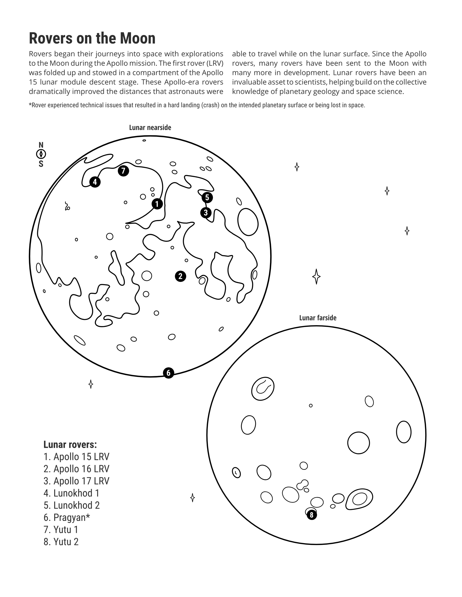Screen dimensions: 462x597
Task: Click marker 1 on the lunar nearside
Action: (x=157, y=204)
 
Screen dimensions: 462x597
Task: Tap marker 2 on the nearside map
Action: (x=180, y=276)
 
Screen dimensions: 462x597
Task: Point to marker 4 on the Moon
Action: (x=95, y=182)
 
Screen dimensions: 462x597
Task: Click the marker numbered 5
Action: (x=207, y=197)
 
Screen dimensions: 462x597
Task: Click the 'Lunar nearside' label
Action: (x=150, y=128)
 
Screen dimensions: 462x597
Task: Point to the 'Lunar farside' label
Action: (x=318, y=318)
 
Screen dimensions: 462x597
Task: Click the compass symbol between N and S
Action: (x=41, y=154)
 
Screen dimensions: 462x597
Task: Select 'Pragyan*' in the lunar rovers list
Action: (x=67, y=517)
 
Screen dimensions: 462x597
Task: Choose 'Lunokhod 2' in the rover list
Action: (x=72, y=505)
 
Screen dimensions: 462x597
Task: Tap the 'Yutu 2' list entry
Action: (x=61, y=542)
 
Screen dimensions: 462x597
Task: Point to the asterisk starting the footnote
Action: (x=30, y=104)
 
